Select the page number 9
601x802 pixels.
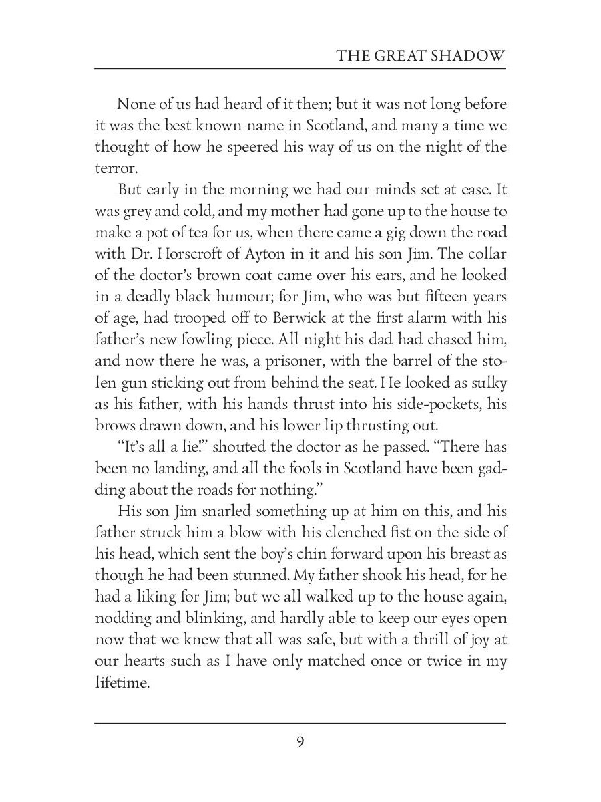pyautogui.click(x=300, y=743)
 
